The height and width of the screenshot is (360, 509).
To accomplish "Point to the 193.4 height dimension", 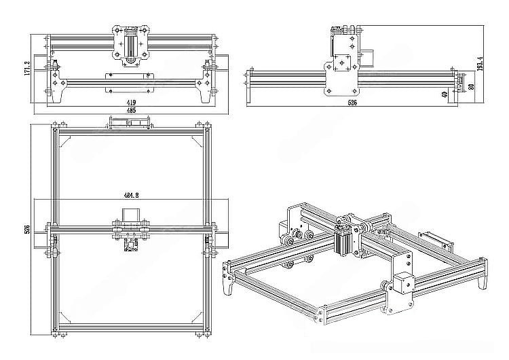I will point(480,65).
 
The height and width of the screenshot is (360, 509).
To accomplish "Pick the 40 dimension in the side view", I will point(445,94).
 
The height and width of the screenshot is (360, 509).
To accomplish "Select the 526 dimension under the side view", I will point(352,102).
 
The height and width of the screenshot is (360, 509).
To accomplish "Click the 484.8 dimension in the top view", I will point(130,196).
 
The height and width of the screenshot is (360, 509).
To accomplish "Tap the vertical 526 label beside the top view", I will point(28,230).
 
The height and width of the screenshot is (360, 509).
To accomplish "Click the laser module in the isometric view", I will point(344,241).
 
